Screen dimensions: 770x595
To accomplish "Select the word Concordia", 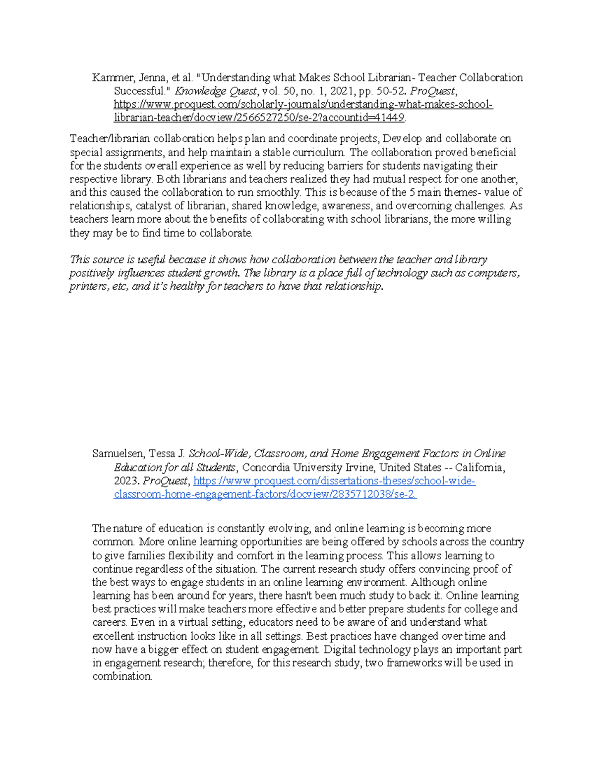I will [x=266, y=468].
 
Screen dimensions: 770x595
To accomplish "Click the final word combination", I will [x=122, y=676].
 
